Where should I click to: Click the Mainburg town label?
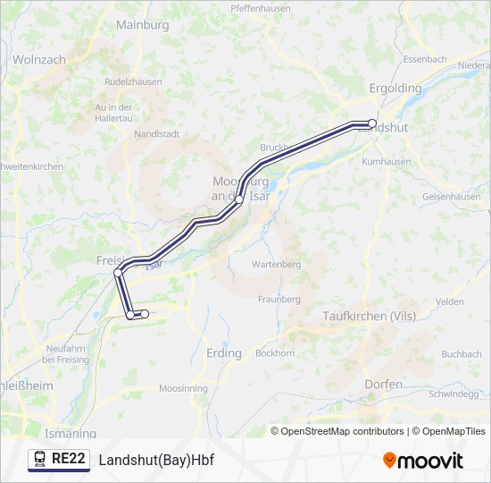tap(142, 25)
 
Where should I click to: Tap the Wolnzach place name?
tap(39, 59)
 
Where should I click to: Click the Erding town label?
tap(223, 353)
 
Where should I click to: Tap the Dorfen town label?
tap(383, 384)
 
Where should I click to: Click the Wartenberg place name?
tap(276, 265)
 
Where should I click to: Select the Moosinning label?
tap(182, 389)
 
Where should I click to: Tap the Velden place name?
tap(449, 302)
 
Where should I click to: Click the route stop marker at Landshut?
tap(372, 123)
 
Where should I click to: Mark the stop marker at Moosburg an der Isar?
tap(239, 201)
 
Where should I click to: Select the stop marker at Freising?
tap(118, 273)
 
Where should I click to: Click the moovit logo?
tap(423, 461)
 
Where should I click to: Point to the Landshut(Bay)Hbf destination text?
tap(156, 460)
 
